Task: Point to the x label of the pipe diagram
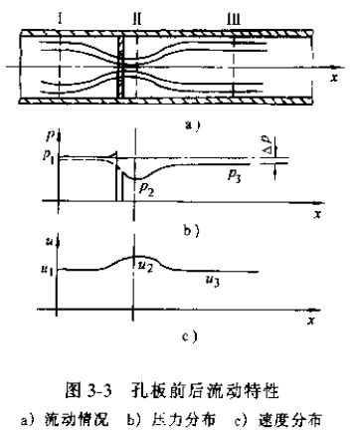click(334, 75)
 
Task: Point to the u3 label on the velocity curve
click(212, 282)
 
